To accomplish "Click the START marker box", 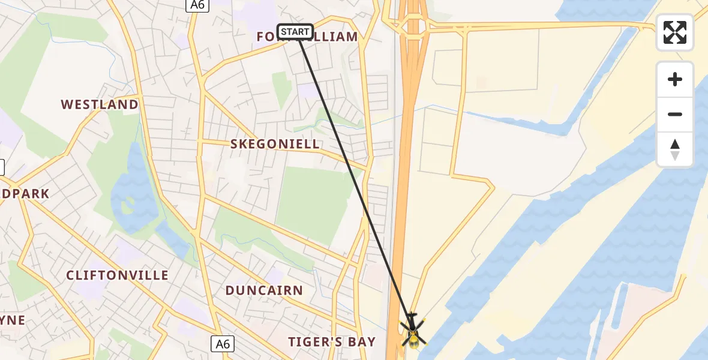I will (295, 31).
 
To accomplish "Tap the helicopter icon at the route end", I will (412, 332).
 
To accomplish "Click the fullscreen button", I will (675, 32).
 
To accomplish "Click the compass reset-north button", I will (675, 149).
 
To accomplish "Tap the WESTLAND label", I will (100, 104).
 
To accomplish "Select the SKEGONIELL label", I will (275, 144).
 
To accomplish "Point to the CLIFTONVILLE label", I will (118, 275).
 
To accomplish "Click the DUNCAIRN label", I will (264, 290).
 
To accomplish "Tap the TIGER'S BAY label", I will (332, 342).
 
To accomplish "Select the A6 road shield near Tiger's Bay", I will (223, 344).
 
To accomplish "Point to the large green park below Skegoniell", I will (315, 204).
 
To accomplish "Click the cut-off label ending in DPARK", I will (24, 194).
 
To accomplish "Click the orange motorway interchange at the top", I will (413, 27).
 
